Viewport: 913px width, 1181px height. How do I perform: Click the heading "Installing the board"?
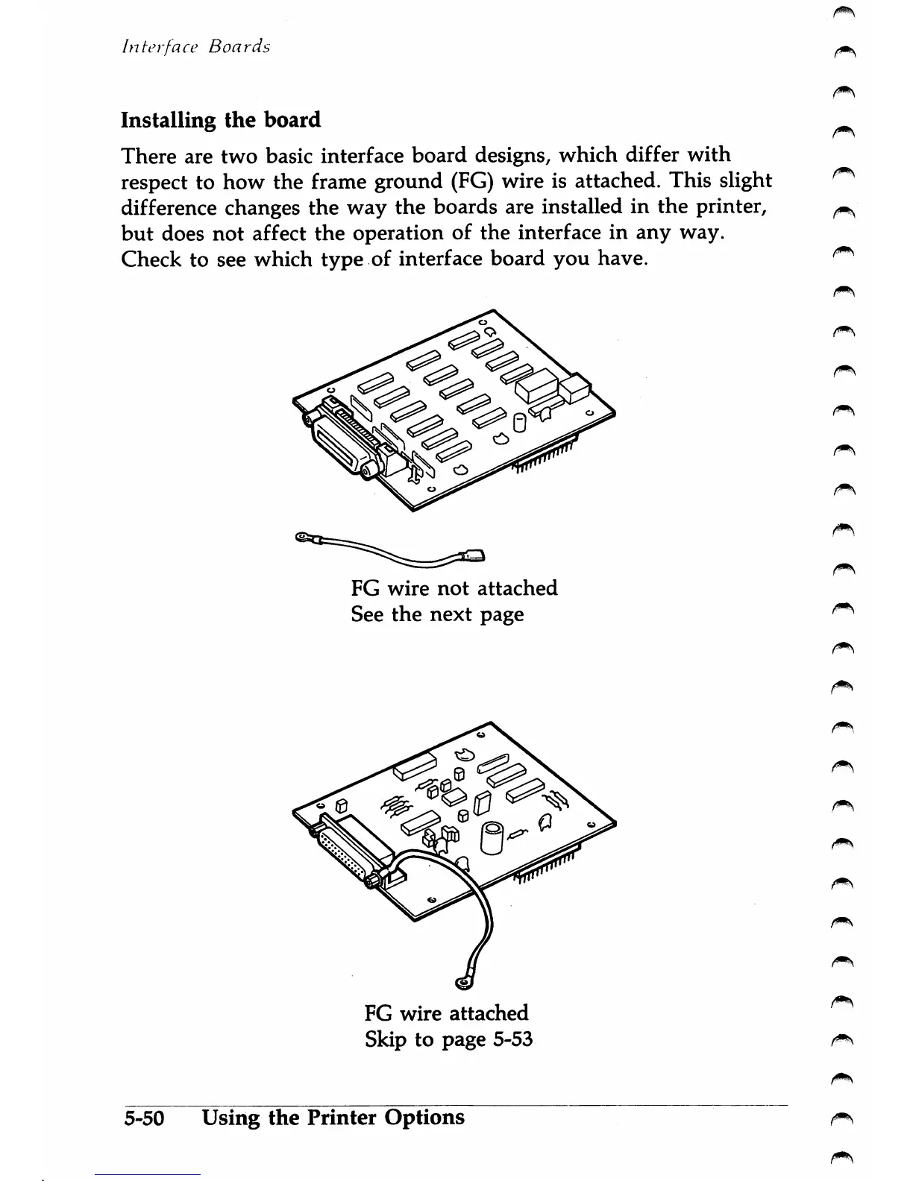pos(221,121)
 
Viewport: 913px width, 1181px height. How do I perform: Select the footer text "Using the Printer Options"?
pos(333,1118)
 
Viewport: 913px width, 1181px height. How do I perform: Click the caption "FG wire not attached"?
pos(454,588)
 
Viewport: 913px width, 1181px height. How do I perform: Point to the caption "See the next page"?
pos(437,614)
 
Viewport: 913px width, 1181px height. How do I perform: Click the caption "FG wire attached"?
pos(446,1013)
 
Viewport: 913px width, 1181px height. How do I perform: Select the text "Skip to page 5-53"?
pos(448,1039)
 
